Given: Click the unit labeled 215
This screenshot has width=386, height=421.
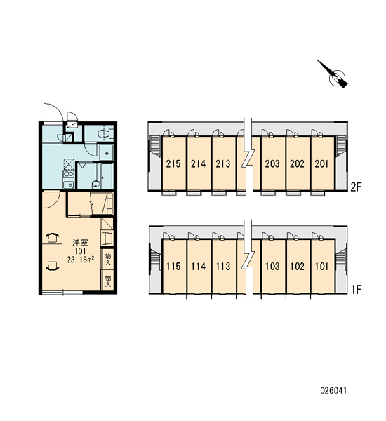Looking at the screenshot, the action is pos(173,163).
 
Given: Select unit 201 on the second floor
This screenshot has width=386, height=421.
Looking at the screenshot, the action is pos(322,163).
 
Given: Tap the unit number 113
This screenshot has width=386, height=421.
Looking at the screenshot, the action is pos(223,267).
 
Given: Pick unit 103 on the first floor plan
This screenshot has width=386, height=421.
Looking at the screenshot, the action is pos(272,267).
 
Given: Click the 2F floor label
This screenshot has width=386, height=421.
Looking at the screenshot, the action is pos(356,187).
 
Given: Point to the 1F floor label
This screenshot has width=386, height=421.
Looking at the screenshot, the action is pos(357,289).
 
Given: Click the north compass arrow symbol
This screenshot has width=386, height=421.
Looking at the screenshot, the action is pos(334,74).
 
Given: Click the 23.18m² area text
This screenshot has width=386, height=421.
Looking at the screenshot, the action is pos(80,260).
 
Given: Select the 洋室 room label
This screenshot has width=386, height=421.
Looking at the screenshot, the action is pos(80,243).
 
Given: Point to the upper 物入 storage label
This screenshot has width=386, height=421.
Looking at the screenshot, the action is pos(108,259).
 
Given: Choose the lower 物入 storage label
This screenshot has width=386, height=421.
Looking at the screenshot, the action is pos(108,281).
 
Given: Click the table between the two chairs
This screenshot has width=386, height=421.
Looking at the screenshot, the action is pos(53,252).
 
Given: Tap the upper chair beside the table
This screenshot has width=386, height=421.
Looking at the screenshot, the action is pos(53,238).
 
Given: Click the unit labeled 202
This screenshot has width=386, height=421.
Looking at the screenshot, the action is pos(298,163).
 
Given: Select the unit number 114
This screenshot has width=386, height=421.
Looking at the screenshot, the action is pos(199,267).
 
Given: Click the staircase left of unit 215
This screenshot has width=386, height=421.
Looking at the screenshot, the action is pos(156,147).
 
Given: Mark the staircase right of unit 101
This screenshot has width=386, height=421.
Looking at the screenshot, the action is pos(340,258).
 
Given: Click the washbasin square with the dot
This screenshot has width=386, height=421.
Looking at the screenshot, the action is pos(107,152).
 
